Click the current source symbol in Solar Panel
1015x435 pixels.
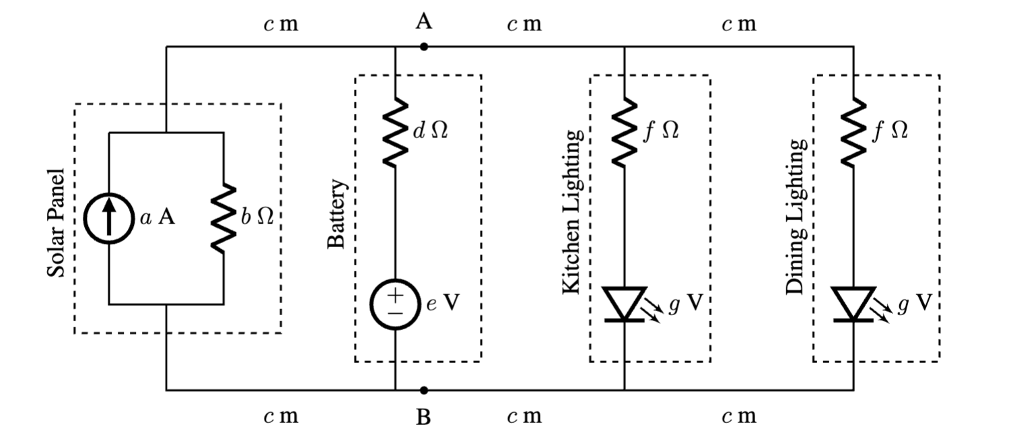108,219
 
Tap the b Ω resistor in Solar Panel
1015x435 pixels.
223,219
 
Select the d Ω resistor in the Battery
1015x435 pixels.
395,132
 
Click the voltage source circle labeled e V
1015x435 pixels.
395,305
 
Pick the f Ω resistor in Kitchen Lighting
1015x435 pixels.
625,132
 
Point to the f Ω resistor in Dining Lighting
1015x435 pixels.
853,132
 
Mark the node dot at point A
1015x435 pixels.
423,47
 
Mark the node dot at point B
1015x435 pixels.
423,390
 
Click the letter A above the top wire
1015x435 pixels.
423,23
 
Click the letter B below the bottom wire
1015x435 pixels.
423,417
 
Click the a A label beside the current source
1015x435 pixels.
158,218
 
